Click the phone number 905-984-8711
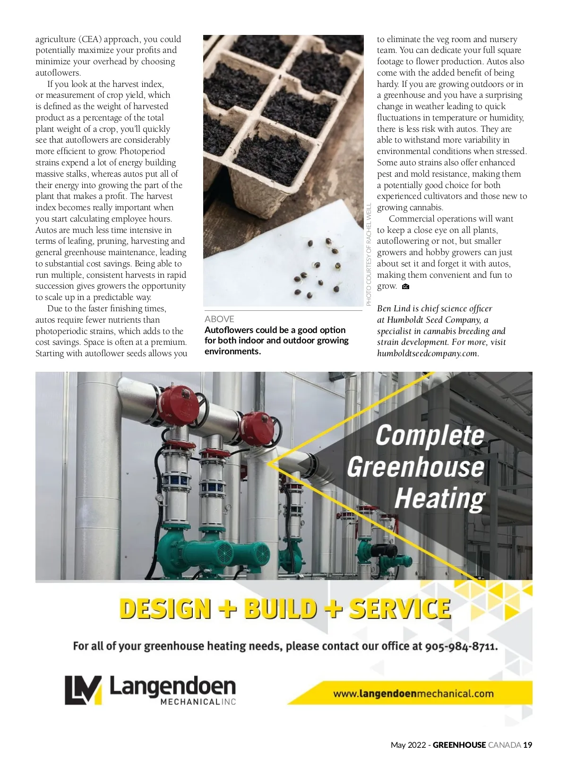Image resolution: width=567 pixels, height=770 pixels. pos(461,646)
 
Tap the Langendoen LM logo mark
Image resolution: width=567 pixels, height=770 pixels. pos(83,690)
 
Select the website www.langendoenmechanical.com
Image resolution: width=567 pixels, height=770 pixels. pos(413,694)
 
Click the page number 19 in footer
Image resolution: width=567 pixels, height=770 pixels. pos(528,745)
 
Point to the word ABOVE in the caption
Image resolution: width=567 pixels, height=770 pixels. pos(219,319)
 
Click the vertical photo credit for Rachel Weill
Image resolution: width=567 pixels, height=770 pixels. pos(369,254)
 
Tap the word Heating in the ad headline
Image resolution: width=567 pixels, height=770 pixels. pos(439,498)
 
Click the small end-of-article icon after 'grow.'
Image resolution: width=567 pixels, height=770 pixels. pos(405,287)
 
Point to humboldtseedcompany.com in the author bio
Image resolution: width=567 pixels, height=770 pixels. pos(427,353)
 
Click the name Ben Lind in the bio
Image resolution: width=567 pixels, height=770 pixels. pos(394,308)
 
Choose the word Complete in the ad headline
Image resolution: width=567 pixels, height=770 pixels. pos(430,435)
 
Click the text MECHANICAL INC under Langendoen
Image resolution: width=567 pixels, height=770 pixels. pos(198,702)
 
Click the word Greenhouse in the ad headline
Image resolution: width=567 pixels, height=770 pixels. pos(416,467)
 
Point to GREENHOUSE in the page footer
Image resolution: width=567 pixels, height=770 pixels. pos(459,745)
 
